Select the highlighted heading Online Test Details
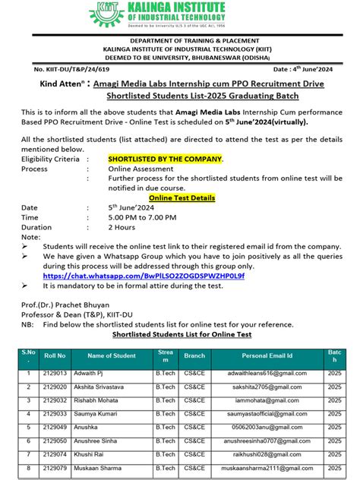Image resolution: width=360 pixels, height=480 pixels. point(181,197)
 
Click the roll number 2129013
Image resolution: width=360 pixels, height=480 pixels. point(55,374)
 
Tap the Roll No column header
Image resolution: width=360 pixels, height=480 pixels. point(55,355)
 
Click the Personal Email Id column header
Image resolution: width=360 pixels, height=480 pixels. point(267,355)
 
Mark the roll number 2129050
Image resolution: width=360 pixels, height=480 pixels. point(55,440)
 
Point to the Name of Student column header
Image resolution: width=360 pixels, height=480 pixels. point(112,355)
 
